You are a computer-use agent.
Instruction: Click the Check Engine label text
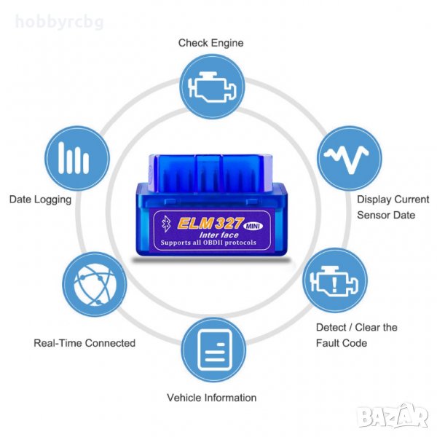click(x=210, y=43)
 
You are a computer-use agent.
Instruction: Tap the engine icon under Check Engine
click(x=211, y=87)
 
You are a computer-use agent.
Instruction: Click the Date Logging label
click(x=40, y=199)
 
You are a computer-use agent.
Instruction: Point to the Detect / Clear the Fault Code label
click(x=356, y=334)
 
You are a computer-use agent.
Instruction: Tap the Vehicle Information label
click(x=211, y=398)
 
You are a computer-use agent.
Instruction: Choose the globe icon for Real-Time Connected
click(x=92, y=282)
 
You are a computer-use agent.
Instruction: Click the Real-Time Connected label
click(x=84, y=342)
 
